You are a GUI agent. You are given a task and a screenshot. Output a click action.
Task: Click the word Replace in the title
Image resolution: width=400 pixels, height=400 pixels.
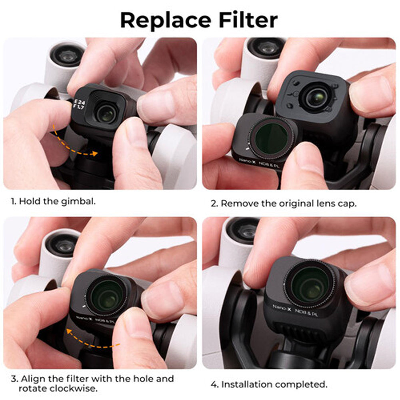pyautogui.click(x=166, y=20)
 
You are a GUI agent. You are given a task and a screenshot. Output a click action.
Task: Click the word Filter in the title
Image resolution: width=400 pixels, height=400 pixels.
pyautogui.click(x=248, y=20)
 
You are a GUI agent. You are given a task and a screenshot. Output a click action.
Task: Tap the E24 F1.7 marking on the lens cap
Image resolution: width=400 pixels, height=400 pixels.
pyautogui.click(x=79, y=104)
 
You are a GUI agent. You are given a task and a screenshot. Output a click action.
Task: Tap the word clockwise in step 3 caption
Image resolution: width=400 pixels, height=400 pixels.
pyautogui.click(x=74, y=388)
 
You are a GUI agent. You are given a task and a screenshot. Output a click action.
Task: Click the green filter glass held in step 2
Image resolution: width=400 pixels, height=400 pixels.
pyautogui.click(x=271, y=138)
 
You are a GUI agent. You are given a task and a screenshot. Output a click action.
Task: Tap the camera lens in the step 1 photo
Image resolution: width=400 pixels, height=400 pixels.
pyautogui.click(x=106, y=114)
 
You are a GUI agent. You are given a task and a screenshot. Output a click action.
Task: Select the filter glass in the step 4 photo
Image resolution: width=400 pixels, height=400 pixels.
pyautogui.click(x=310, y=284)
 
